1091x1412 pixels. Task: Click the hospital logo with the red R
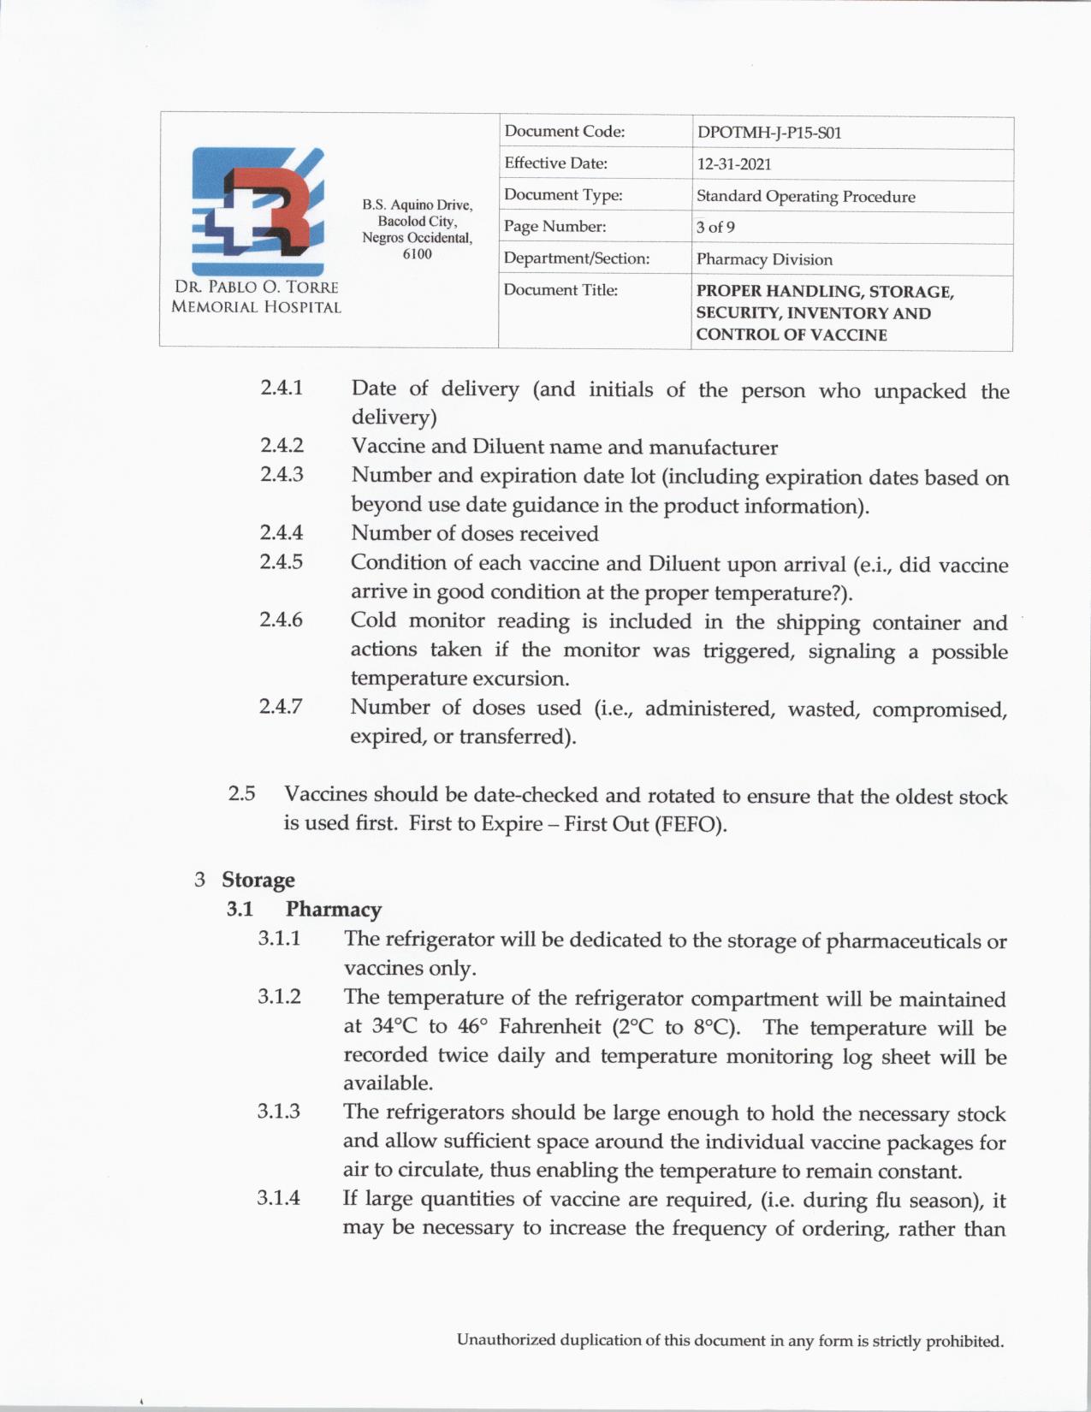point(258,211)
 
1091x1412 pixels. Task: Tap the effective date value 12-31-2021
point(733,164)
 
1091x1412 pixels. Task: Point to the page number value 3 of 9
point(715,227)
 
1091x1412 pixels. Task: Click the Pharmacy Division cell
point(764,259)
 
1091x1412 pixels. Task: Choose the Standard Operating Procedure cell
point(805,196)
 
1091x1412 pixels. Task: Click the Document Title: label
point(560,290)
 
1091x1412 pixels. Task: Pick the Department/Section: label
point(576,258)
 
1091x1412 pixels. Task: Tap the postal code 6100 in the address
point(417,254)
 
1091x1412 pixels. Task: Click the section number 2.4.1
point(282,388)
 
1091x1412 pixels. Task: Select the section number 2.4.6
point(281,620)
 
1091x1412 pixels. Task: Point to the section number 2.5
point(241,794)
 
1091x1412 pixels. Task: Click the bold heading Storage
point(258,880)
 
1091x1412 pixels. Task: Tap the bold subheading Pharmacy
point(334,909)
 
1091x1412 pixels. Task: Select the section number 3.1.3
point(279,1112)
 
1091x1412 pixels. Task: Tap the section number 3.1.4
point(279,1198)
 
